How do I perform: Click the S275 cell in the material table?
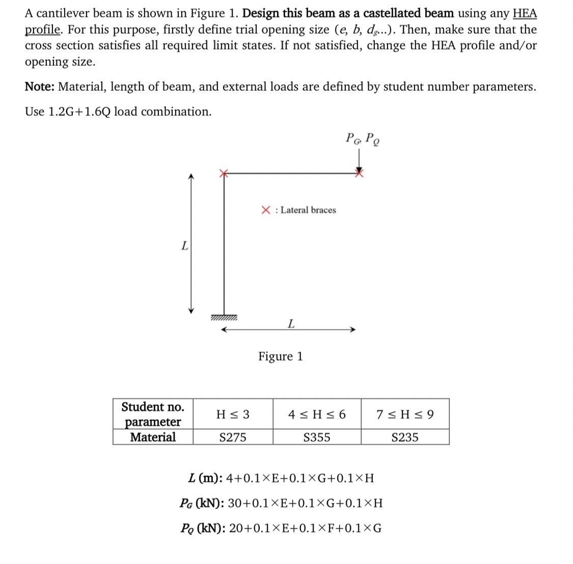[232, 438]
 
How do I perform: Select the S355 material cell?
[316, 438]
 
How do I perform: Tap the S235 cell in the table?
[405, 438]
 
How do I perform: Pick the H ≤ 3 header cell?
[233, 415]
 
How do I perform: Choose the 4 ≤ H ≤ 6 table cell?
[316, 415]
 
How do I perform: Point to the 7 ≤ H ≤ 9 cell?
[405, 415]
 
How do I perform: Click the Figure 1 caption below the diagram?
[280, 356]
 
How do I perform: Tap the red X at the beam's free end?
[360, 173]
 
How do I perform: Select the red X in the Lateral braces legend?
[266, 210]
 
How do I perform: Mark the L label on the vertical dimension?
[184, 246]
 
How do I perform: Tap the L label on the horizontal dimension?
[290, 323]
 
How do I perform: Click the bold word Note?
[40, 87]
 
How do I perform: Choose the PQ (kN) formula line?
[281, 528]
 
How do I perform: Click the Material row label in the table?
[152, 438]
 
